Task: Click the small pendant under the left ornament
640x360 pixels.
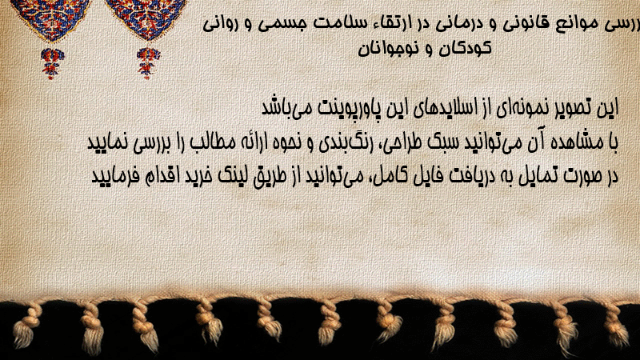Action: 52,63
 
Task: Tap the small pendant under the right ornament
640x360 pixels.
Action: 148,63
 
